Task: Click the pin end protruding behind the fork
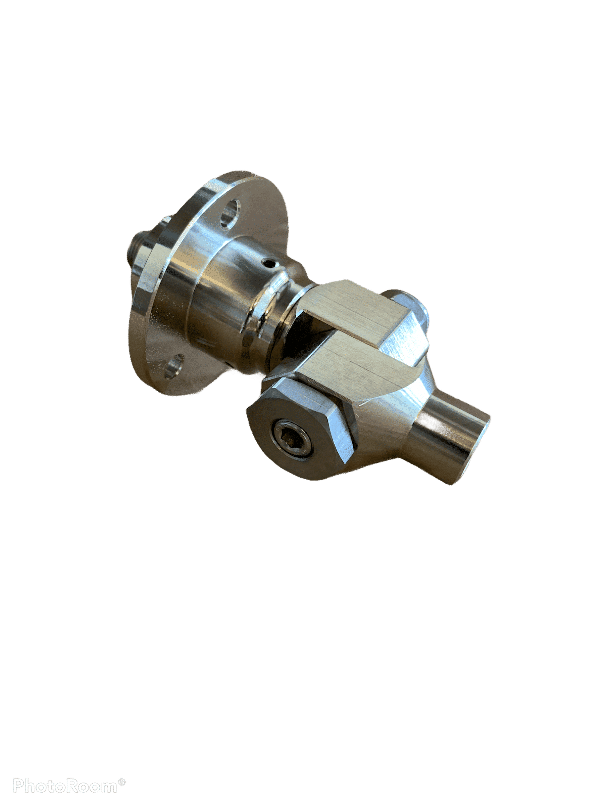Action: click(x=411, y=306)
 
